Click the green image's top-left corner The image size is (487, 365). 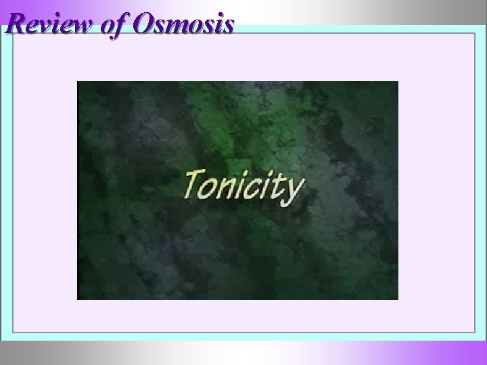[78, 82]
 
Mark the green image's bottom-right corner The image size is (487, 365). [398, 299]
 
